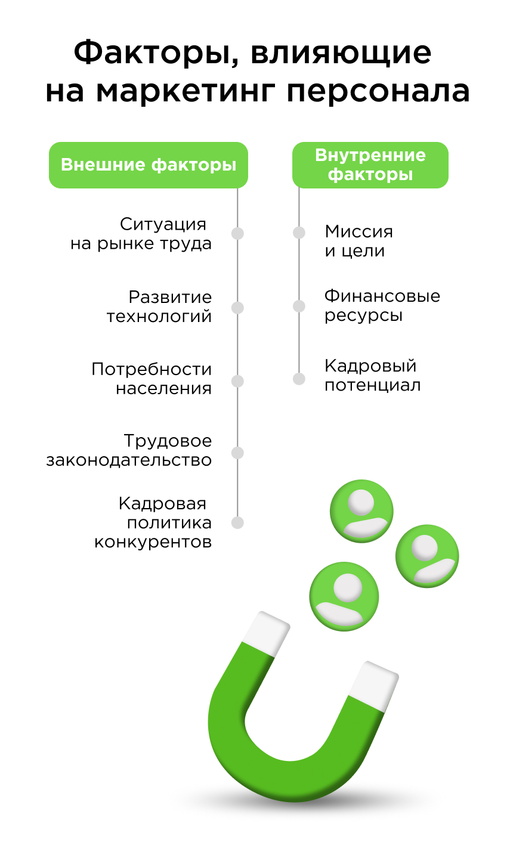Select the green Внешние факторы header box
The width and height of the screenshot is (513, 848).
coord(149,165)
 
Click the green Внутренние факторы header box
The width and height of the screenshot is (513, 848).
coord(370,165)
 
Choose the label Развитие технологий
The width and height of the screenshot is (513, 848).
coord(160,307)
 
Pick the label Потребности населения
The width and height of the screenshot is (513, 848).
coord(152,379)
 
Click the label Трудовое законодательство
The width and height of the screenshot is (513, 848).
coord(130,451)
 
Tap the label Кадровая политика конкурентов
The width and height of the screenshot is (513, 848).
coord(154,523)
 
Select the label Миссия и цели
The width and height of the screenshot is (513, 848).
coord(359,241)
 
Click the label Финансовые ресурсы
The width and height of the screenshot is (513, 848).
coord(382,305)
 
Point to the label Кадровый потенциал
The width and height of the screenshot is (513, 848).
coord(372,375)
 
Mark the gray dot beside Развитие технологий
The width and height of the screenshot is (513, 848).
coord(237,308)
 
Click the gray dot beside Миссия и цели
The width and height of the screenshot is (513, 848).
coord(299,233)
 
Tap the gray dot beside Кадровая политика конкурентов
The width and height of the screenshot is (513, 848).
coord(237,523)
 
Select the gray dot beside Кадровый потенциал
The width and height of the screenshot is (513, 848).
coord(299,379)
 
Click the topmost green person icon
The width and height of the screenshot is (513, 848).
coord(361,511)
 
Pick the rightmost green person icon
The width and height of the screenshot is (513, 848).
coord(427,556)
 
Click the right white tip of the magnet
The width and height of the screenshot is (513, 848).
coord(374,686)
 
